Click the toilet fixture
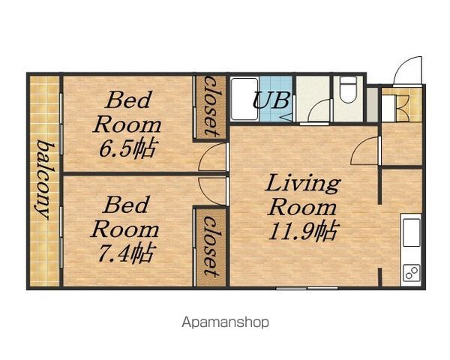point(347,87)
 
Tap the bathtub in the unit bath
point(244,99)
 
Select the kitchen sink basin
point(412,232)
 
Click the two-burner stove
point(412,273)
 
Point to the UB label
point(271,100)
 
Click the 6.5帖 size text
point(127,148)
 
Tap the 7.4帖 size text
point(125,253)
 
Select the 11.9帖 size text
point(302,230)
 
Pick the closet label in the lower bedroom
point(212,247)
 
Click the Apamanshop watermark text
point(226,322)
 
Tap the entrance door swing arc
point(401,65)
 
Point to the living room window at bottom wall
point(307,287)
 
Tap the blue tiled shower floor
point(276,99)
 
